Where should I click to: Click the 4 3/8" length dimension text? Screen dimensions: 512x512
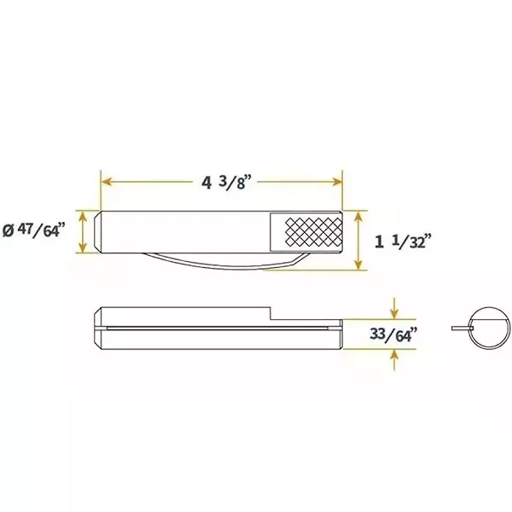(224, 183)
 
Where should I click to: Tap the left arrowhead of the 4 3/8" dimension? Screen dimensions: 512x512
(106, 181)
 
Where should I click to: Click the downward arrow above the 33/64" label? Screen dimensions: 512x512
(393, 309)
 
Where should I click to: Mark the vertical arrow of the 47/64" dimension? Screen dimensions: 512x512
(83, 232)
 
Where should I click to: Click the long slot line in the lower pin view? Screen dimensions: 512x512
(213, 327)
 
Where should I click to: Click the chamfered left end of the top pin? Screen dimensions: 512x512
(98, 233)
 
